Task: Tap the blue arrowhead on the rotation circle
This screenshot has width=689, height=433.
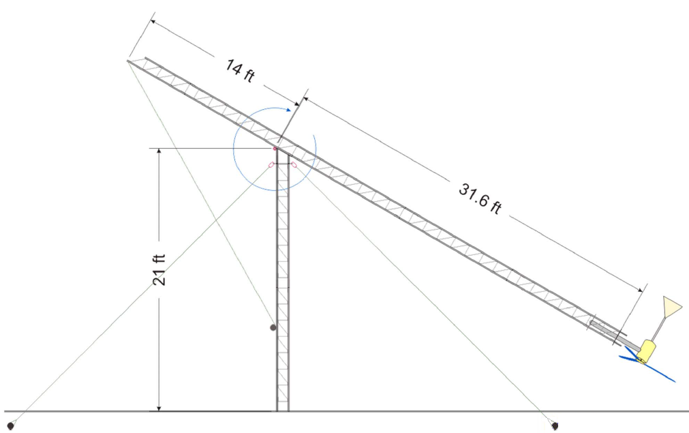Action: tap(295, 106)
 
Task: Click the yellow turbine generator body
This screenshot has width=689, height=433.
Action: tap(645, 352)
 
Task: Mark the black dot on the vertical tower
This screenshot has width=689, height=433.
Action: tap(273, 328)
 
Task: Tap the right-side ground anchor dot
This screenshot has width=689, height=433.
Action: tap(555, 426)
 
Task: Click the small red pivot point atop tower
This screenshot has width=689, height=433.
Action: tap(275, 148)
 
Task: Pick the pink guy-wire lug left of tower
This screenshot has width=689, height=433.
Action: tap(271, 165)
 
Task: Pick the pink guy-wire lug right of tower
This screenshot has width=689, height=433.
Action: tap(294, 164)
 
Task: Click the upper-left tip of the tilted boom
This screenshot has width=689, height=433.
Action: tap(129, 61)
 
